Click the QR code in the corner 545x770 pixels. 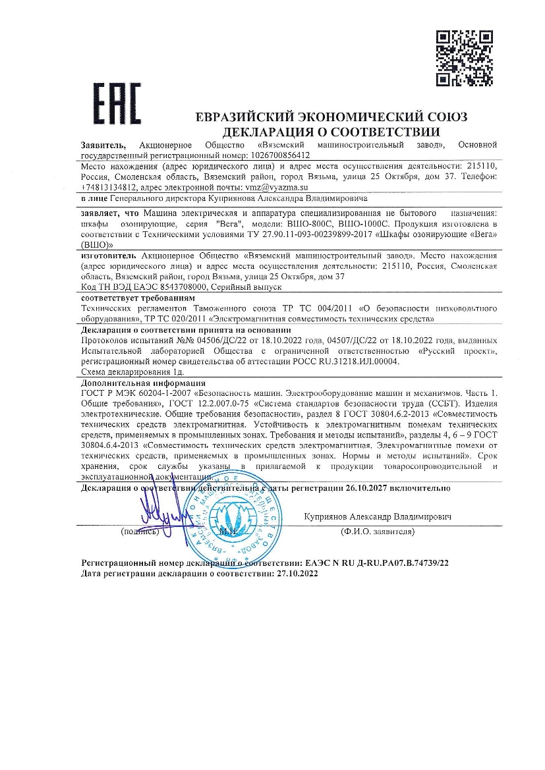465,58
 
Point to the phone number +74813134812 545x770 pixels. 109,187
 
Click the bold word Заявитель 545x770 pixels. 105,144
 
